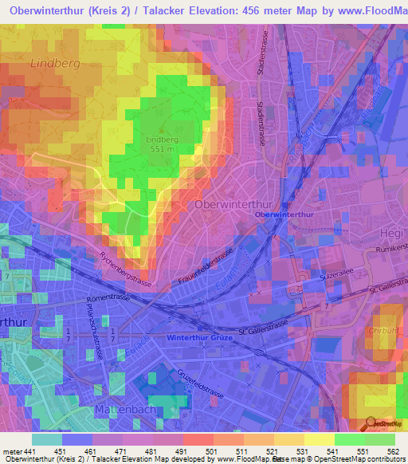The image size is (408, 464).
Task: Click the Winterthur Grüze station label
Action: tap(199, 337)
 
